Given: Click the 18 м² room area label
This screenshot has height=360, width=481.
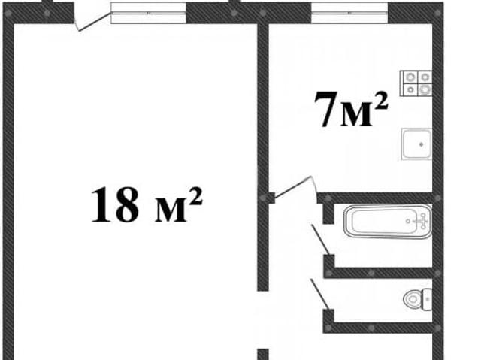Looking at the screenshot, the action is coord(147,204).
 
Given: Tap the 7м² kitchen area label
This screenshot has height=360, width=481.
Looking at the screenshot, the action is coord(351,109).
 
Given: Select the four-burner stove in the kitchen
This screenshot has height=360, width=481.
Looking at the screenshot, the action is coord(416,83).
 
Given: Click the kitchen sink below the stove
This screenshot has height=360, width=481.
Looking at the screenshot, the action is coord(416,144).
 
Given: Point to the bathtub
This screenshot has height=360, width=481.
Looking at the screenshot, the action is coord(388,222).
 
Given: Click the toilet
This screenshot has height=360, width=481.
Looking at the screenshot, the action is coord(417,298).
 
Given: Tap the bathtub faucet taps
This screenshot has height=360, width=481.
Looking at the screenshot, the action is coord(422,221).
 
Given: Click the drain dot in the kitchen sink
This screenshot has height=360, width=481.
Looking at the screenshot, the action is coord(422,144).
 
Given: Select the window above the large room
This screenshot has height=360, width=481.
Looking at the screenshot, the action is coord(149,13).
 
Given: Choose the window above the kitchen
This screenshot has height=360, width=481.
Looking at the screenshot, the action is coord(349,13).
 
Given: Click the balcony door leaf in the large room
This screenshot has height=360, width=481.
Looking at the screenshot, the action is coord(93,22).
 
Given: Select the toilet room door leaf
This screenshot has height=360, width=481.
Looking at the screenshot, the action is coord(320,295).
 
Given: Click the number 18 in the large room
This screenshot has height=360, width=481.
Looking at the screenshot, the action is coord(115,204).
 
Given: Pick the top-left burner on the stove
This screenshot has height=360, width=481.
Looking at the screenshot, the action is coord(410,77).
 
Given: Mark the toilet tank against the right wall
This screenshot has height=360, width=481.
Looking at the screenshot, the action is coord(427,299).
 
